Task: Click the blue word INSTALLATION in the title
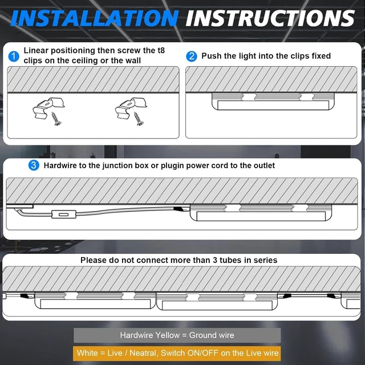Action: coord(94,18)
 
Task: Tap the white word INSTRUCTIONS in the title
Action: coord(270,18)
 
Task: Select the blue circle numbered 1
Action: coord(14,56)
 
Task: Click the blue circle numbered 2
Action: coord(192,56)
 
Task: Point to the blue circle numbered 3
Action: coord(34,165)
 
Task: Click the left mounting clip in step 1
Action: coord(48,108)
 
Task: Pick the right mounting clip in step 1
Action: coord(131,108)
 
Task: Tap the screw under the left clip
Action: coord(56,119)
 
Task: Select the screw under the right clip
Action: coord(139,119)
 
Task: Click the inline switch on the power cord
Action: coord(64,214)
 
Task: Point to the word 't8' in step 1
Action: coord(161,51)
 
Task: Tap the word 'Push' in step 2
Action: coord(211,56)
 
